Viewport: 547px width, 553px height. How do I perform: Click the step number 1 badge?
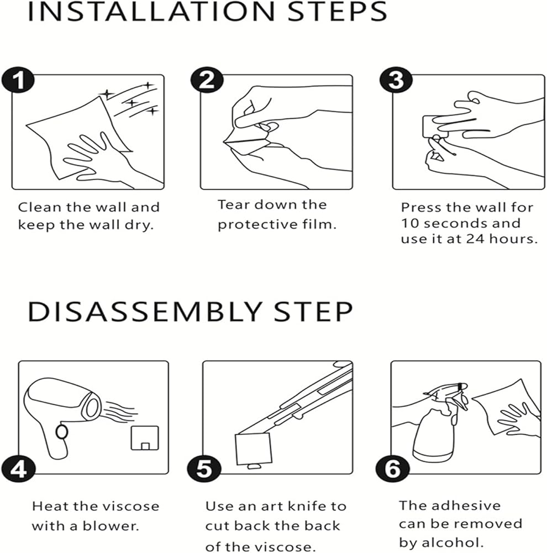click(x=18, y=81)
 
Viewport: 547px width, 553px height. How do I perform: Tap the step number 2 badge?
click(x=207, y=81)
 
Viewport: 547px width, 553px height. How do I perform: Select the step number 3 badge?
click(x=396, y=81)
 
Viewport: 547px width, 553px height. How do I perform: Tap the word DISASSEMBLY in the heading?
click(x=145, y=311)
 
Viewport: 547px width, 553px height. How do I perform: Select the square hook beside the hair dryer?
click(x=145, y=439)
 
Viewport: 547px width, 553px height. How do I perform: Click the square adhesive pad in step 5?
click(x=254, y=448)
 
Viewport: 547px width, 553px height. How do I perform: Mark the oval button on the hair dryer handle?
click(x=62, y=432)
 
